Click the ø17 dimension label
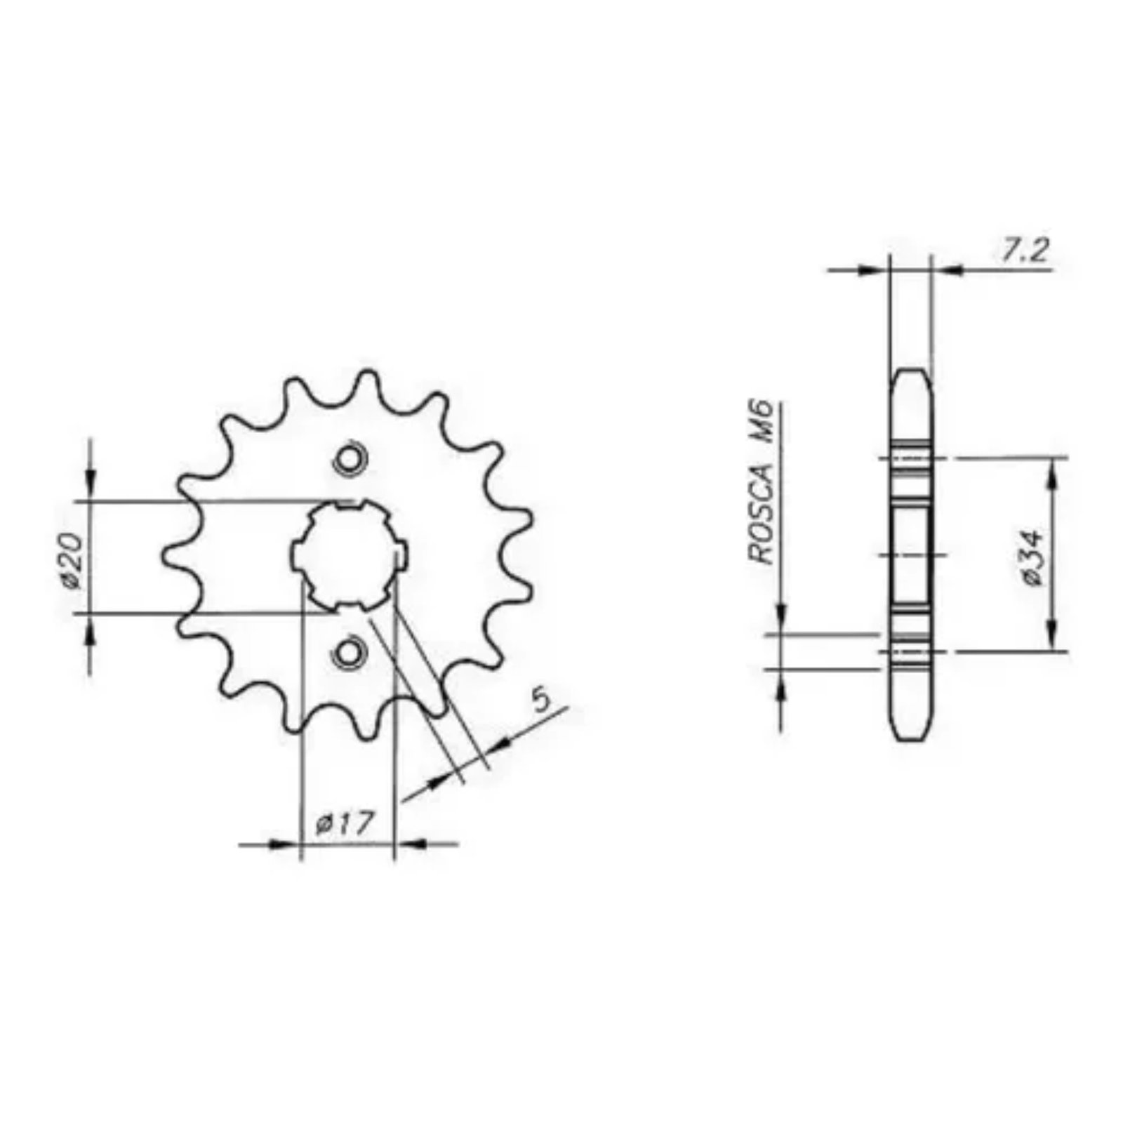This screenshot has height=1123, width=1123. pyautogui.click(x=344, y=823)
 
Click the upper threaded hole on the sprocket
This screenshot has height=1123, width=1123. pyautogui.click(x=349, y=460)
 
